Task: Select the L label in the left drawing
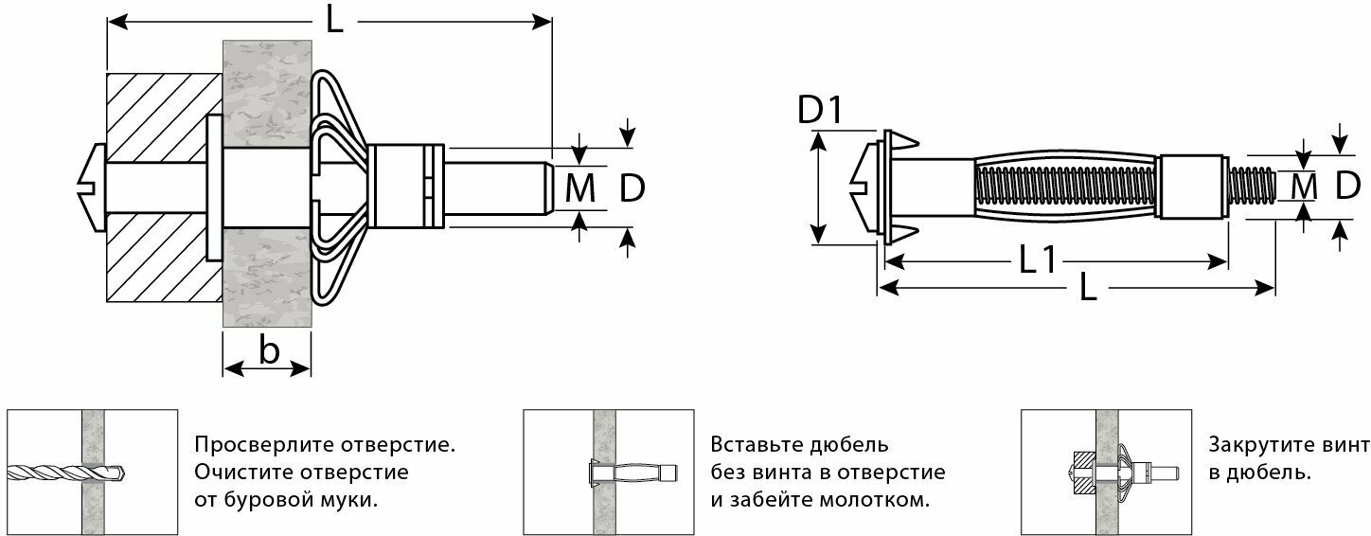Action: click(334, 22)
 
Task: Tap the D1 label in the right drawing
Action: click(820, 110)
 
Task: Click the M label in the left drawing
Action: click(580, 189)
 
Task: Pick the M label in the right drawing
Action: click(1305, 188)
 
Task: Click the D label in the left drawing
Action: click(632, 189)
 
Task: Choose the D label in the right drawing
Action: click(1347, 188)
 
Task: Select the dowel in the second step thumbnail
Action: click(629, 472)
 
